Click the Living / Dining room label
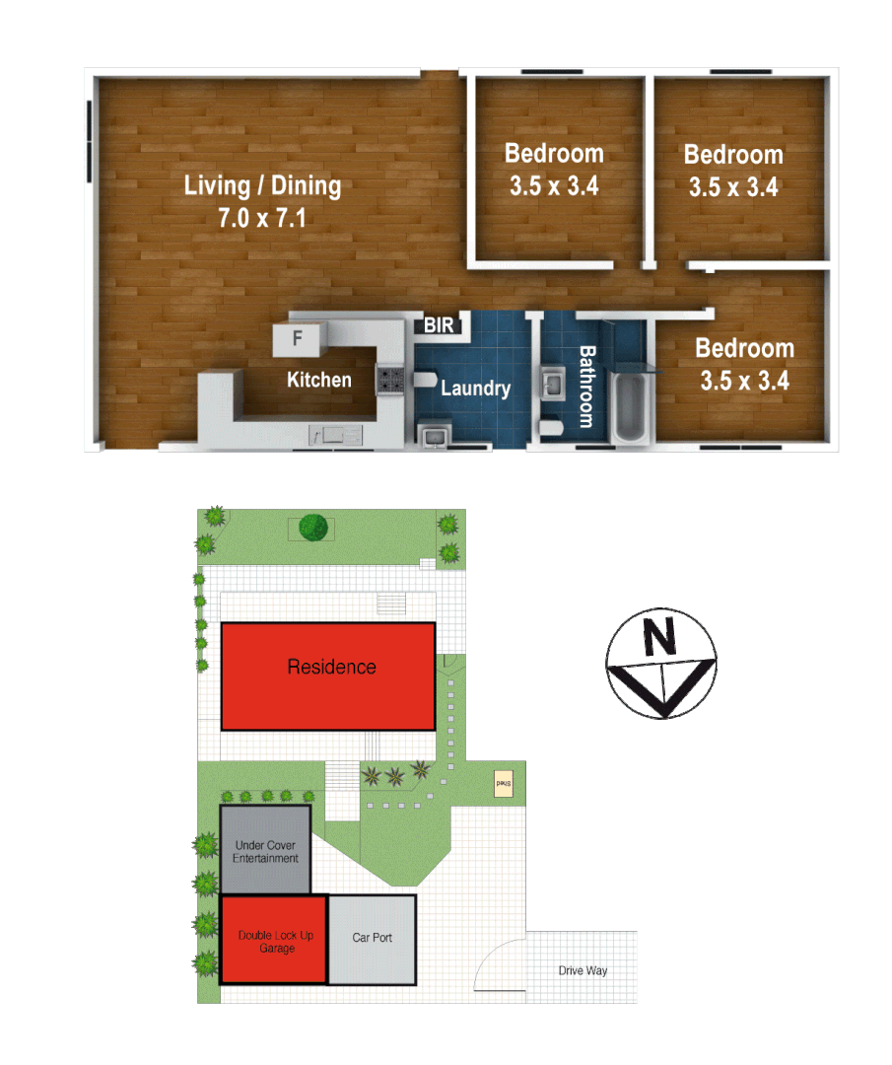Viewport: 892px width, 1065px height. coord(262,185)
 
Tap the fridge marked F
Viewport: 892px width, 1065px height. coord(297,340)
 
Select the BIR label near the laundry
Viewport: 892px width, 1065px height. coord(439,324)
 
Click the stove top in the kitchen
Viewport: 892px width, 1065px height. coord(389,380)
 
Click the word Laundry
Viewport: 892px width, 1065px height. coord(475,389)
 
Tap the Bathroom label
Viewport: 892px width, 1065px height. coord(585,386)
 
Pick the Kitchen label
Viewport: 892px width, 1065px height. coord(318,380)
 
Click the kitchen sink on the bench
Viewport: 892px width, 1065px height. coord(336,434)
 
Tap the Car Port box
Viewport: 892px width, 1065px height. coord(372,939)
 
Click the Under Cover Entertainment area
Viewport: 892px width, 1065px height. coord(265,850)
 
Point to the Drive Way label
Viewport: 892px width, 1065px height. coord(583,971)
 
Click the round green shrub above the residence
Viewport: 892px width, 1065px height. coord(312,527)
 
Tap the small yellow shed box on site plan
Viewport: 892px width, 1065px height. coord(503,784)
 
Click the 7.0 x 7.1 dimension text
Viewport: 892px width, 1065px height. coord(262,218)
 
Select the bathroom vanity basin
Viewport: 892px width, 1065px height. coord(553,383)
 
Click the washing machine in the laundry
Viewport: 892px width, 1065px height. coord(434,434)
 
